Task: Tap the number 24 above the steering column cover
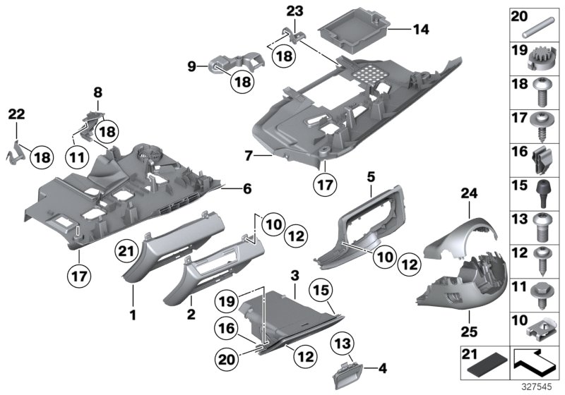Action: click(x=449, y=192)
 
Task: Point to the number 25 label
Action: click(x=449, y=330)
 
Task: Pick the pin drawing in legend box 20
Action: click(x=539, y=30)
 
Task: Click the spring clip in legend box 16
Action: click(x=539, y=160)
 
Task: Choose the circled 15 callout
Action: click(x=321, y=289)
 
